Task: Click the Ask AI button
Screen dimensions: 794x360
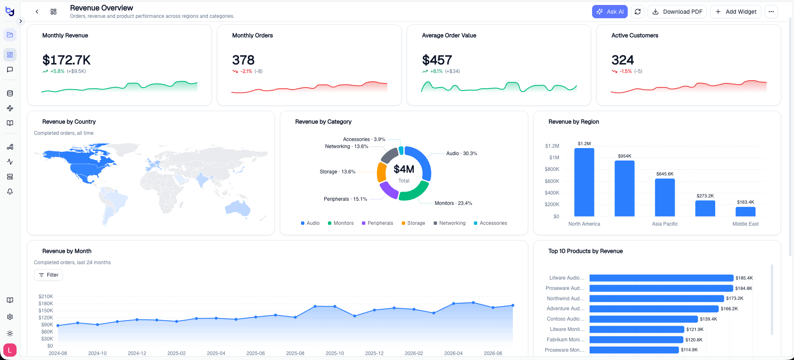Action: point(609,12)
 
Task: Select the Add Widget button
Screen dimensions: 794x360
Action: point(736,12)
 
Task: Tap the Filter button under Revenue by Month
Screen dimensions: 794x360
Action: point(49,275)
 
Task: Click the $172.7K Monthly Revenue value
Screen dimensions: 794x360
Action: point(66,60)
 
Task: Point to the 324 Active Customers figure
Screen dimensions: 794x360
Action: point(623,60)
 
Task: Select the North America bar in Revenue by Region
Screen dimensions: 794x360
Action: point(584,182)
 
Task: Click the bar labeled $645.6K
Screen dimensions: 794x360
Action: point(665,197)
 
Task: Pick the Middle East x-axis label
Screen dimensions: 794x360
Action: point(745,224)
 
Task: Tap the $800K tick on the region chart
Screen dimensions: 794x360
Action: point(552,169)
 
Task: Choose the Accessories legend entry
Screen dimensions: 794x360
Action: point(490,223)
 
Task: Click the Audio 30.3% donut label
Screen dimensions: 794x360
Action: point(461,153)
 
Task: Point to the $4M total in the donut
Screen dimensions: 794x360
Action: point(404,169)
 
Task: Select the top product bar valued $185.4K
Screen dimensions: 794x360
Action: point(661,278)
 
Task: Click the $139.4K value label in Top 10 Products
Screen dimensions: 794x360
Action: point(709,319)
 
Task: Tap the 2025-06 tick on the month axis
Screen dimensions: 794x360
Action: point(255,353)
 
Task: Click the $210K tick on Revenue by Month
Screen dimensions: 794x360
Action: point(46,297)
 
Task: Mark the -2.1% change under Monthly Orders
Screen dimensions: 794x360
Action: point(246,71)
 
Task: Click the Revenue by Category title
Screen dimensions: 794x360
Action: point(323,122)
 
